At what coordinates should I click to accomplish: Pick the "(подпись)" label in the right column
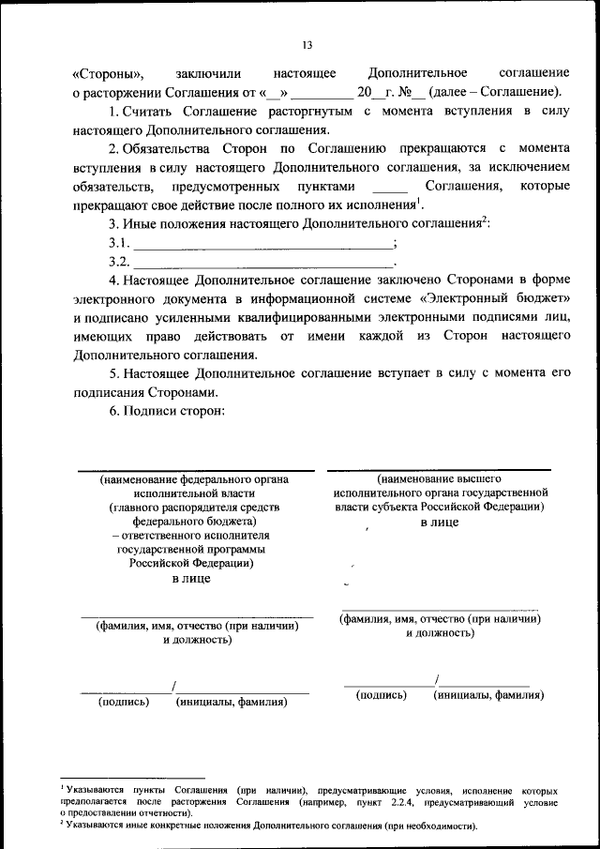pos(381,695)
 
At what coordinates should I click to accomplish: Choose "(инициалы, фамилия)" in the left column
pos(231,700)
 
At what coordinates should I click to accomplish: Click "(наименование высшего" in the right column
pos(439,478)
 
